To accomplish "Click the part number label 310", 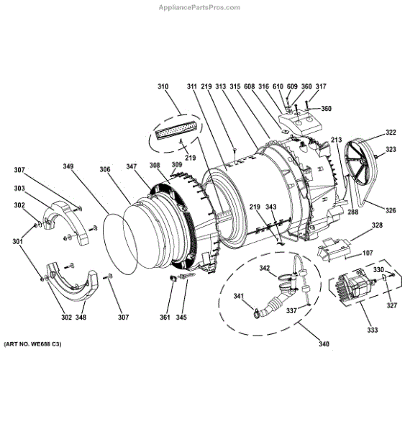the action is coord(163,86).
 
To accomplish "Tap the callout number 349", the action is coord(68,166).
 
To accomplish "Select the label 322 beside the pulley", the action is coord(391,132).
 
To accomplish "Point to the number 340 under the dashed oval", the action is coord(324,344).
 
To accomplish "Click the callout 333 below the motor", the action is coord(372,330).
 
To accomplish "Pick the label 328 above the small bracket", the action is coord(377,225).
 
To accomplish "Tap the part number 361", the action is coord(165,318).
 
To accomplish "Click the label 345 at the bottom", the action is coord(181,318).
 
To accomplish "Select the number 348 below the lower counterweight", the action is coord(81,318).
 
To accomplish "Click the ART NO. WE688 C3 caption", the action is coord(32,344).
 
